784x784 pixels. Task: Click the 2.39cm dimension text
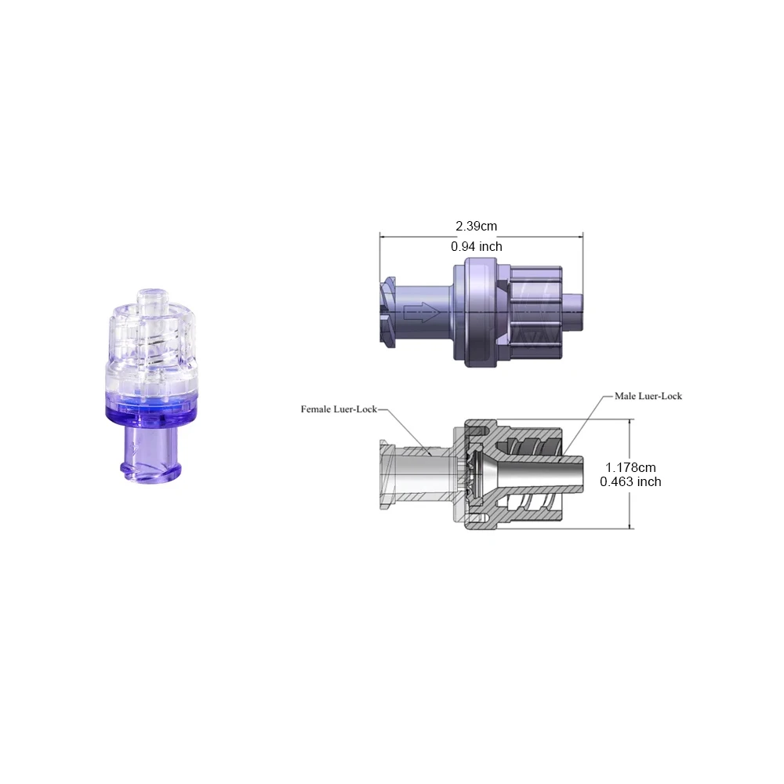click(476, 226)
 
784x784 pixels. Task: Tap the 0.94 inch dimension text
click(476, 246)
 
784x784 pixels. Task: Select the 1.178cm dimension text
click(630, 467)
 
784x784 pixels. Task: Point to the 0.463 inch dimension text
click(630, 481)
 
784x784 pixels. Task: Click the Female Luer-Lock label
click(339, 409)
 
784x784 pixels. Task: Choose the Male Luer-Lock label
click(648, 396)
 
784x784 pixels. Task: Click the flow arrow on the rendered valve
click(422, 313)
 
